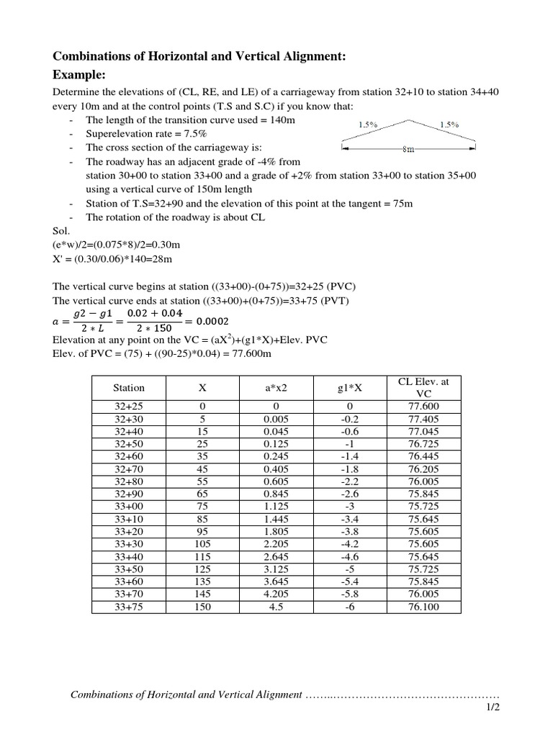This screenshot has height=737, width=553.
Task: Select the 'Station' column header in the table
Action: pos(129,388)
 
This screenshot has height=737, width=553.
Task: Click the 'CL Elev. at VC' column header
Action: pos(423,388)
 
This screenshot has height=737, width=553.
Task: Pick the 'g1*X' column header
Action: pos(350,388)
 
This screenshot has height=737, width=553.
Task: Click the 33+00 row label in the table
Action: pos(129,506)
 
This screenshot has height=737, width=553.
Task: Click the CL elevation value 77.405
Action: pos(423,420)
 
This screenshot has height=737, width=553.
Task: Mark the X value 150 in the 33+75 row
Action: pos(202,607)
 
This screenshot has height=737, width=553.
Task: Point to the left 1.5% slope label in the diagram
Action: pos(369,125)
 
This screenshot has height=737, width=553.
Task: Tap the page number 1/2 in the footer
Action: pos(492,707)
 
